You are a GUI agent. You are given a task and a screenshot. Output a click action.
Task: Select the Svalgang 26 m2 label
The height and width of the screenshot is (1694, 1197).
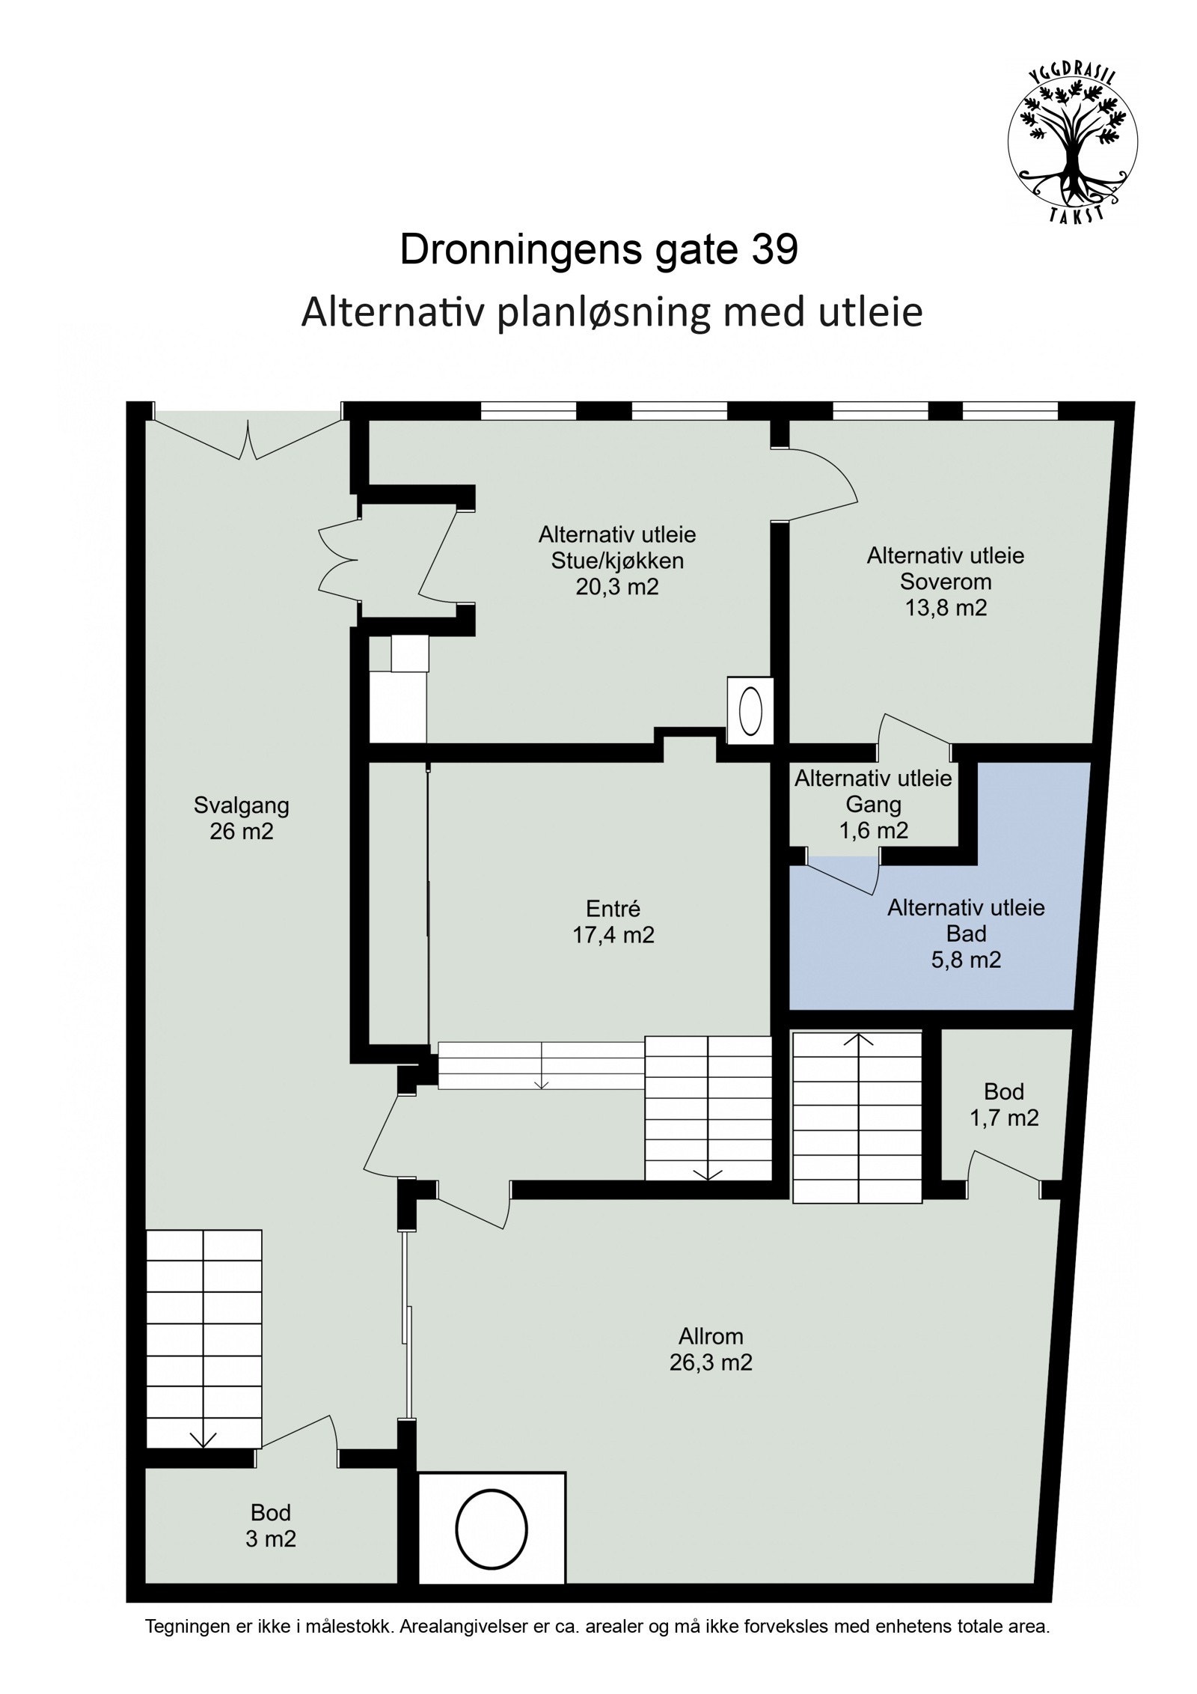coord(241,818)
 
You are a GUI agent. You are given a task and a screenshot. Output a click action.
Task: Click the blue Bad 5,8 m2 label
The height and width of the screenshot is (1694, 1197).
coord(966,933)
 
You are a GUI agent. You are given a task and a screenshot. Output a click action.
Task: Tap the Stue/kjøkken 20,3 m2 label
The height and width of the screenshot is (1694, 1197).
coord(616,561)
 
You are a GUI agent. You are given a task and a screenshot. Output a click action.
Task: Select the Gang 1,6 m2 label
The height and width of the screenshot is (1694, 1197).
coord(873,805)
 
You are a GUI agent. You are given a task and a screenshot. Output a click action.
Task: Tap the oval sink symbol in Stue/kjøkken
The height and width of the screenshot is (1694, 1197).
coord(750,711)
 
